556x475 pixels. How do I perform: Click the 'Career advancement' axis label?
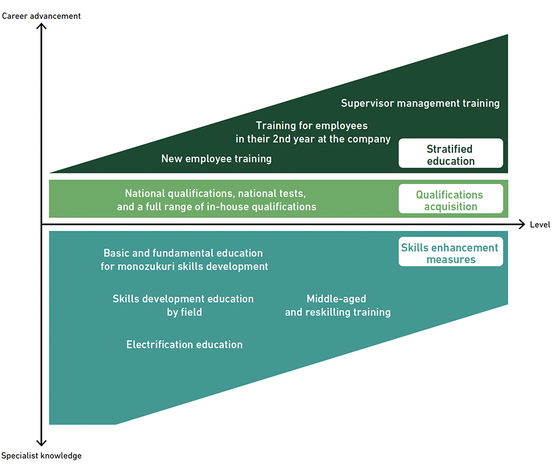point(41,16)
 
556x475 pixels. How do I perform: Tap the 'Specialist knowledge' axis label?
point(41,456)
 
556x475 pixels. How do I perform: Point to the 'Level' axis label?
point(540,225)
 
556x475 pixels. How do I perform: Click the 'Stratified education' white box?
point(450,154)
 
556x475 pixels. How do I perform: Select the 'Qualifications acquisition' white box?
point(450,200)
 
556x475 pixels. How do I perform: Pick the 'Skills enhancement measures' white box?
point(450,253)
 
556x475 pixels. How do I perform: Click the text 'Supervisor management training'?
point(420,103)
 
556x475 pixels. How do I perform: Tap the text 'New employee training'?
point(216,159)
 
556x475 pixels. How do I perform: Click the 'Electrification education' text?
point(184,345)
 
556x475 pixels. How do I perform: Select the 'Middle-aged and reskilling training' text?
point(337,305)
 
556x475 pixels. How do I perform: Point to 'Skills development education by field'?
point(183,305)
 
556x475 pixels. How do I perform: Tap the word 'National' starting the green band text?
point(145,194)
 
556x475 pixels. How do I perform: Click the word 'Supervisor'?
point(367,103)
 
